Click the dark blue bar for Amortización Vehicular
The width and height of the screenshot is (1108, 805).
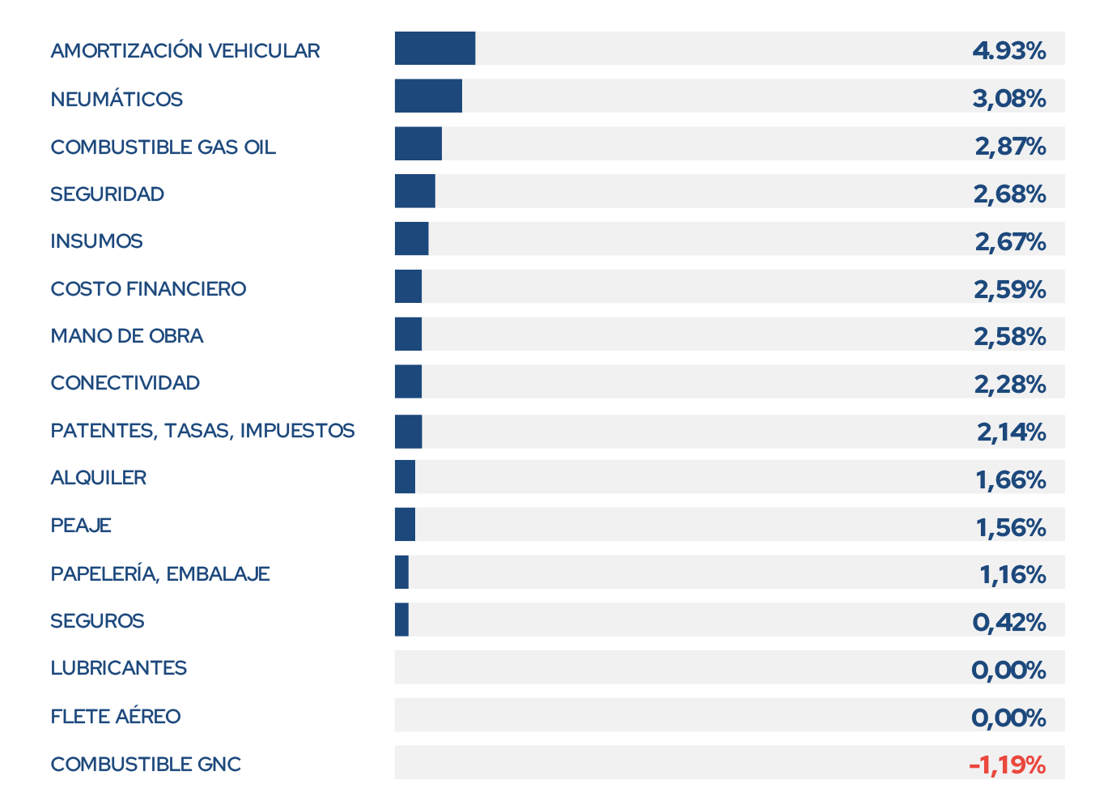coord(435,48)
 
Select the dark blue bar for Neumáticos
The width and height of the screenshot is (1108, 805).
coord(428,96)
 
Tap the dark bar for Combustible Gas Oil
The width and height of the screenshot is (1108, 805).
coord(418,143)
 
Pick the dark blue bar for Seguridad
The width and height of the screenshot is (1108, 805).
coord(415,191)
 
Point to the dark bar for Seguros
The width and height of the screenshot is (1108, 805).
coord(401,620)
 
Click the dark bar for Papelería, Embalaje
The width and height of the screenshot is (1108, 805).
coord(401,572)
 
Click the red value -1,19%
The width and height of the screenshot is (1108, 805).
coord(1007,765)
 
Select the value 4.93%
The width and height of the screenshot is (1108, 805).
coord(1009,50)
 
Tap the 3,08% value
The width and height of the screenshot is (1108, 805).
coord(1009,99)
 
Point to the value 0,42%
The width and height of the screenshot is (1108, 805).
coord(1009,622)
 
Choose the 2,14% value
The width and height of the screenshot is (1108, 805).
coord(1011,432)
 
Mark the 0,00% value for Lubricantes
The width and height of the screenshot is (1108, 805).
coord(1008,670)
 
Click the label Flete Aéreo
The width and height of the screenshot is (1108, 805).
coord(116,716)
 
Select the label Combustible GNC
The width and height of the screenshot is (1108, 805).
coord(146,765)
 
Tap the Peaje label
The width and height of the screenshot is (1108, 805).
coord(81,526)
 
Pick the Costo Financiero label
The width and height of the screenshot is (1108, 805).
coord(148,288)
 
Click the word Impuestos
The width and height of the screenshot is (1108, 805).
coord(297,431)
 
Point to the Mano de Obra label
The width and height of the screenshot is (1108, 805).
coord(127,335)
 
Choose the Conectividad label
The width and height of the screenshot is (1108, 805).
coord(125,383)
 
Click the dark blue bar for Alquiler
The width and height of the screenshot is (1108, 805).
coord(405,477)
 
